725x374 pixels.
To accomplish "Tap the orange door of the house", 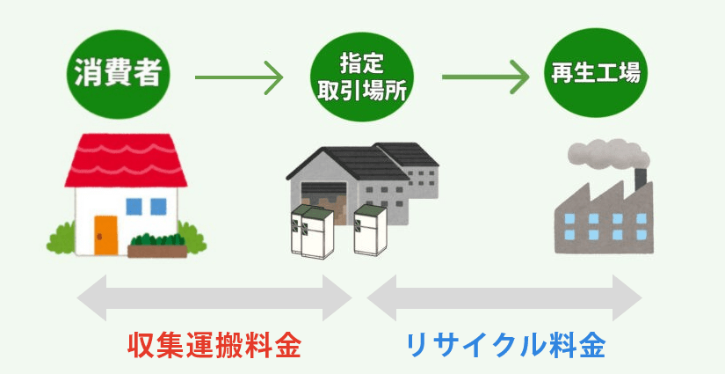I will (x=105, y=232).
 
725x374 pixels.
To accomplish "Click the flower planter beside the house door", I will (x=157, y=244).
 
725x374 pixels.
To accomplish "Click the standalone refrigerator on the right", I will (x=370, y=231).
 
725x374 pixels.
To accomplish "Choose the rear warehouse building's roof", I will (x=408, y=154).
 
